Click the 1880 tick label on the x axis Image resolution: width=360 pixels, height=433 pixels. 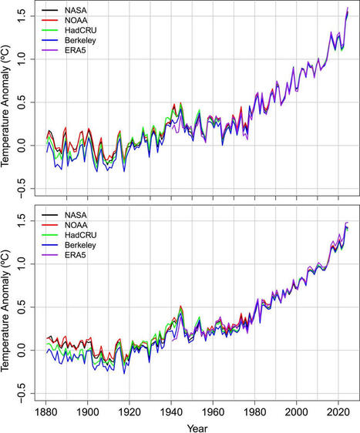[46, 411]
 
